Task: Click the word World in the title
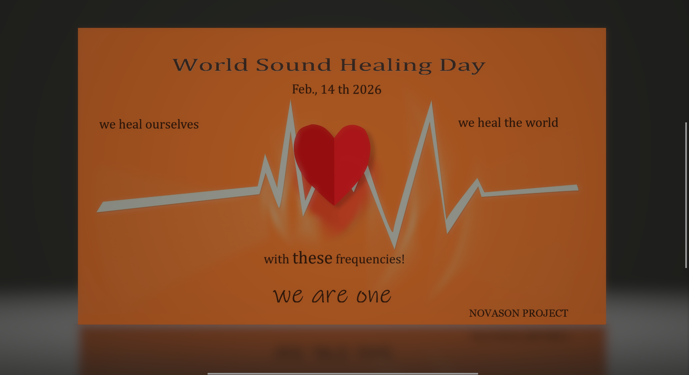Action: click(210, 65)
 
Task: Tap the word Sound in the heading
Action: click(294, 65)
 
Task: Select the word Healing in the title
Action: click(386, 65)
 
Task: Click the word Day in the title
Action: click(462, 66)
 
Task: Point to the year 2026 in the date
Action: click(367, 89)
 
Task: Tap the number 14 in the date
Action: click(328, 89)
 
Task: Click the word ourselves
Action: click(172, 124)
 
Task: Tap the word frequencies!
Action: click(370, 259)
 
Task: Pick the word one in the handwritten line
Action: click(374, 296)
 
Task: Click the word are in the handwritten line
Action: click(330, 296)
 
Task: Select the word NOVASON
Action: click(494, 313)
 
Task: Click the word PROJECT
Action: click(545, 313)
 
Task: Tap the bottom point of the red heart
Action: click(334, 205)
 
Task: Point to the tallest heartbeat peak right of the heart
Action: click(431, 102)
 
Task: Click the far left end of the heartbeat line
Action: click(97, 211)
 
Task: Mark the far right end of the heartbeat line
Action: click(578, 188)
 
